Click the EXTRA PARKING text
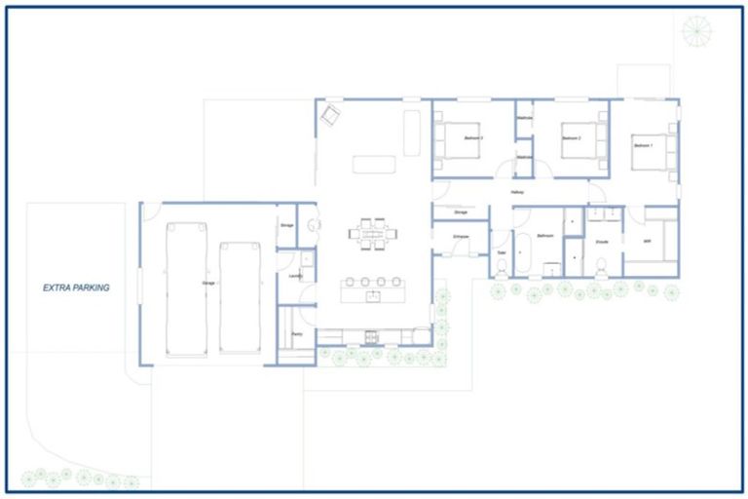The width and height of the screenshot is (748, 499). [76, 288]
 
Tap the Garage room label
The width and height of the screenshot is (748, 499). [207, 283]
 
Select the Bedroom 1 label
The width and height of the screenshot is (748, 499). [643, 145]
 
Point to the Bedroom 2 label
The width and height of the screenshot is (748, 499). [572, 139]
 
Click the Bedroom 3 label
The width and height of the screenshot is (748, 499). [474, 139]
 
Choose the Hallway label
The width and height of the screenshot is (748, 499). [517, 192]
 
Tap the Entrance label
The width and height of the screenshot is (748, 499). [462, 237]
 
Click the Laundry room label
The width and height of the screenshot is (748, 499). [296, 276]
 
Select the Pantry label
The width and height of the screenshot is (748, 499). [296, 334]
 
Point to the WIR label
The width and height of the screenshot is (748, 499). [647, 240]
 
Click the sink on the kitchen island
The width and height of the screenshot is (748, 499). [371, 291]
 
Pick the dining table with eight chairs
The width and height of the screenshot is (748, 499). [373, 234]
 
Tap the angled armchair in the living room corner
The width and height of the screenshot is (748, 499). [330, 115]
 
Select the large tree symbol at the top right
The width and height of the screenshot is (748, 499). [696, 31]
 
